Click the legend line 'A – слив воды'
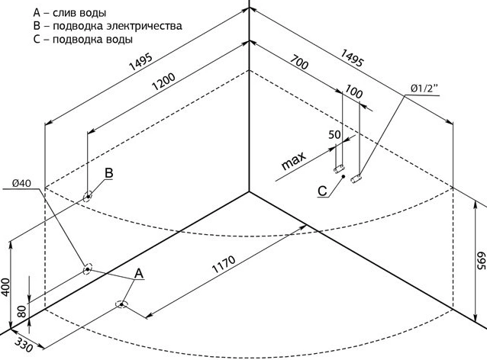[69, 13]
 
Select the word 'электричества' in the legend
[144, 26]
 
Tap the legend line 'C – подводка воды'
[83, 40]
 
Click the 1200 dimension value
[163, 82]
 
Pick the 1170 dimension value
[224, 264]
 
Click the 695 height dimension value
[481, 260]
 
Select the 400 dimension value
[5, 287]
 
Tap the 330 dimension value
[24, 345]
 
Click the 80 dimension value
[21, 312]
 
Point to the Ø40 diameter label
[21, 183]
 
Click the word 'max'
[293, 161]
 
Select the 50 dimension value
[334, 135]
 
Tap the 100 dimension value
[353, 92]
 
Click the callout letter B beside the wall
[108, 173]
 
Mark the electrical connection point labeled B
[89, 197]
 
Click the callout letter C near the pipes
[322, 191]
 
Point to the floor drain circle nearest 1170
[121, 305]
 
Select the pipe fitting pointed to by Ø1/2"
[356, 178]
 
